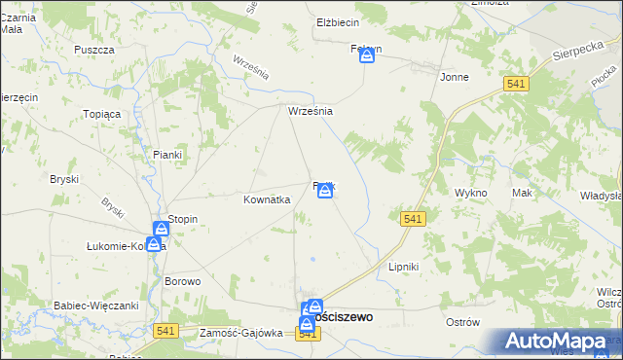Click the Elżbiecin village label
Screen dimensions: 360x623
[x=339, y=21]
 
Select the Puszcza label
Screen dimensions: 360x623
[x=94, y=49]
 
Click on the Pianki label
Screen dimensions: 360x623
[x=167, y=154]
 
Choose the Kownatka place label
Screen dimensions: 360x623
[x=267, y=199]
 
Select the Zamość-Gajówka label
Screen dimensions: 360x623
[x=240, y=333]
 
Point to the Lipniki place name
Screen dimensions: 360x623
[x=403, y=266]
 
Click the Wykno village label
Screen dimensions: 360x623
[x=470, y=193]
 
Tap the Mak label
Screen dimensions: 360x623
[x=523, y=193]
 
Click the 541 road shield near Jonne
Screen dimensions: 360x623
[x=517, y=85]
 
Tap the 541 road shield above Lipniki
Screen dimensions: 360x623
[x=412, y=219]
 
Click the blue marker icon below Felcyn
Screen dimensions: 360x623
[x=367, y=56]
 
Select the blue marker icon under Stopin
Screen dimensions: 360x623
[x=154, y=243]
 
